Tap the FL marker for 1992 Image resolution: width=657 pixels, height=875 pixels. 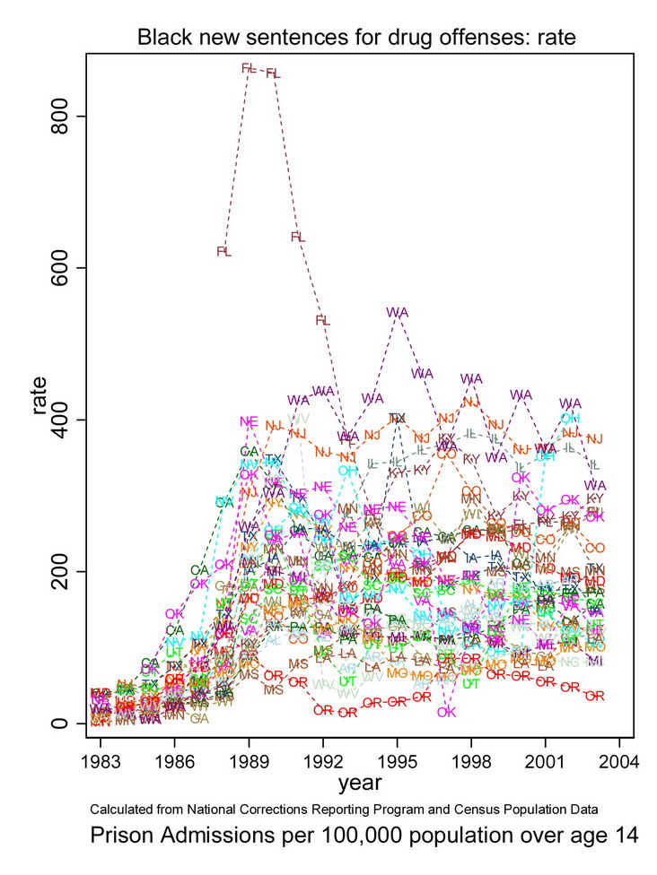coord(322,320)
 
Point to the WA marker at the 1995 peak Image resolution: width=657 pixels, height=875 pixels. coord(398,312)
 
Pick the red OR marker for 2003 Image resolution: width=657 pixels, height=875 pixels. coord(594,696)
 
